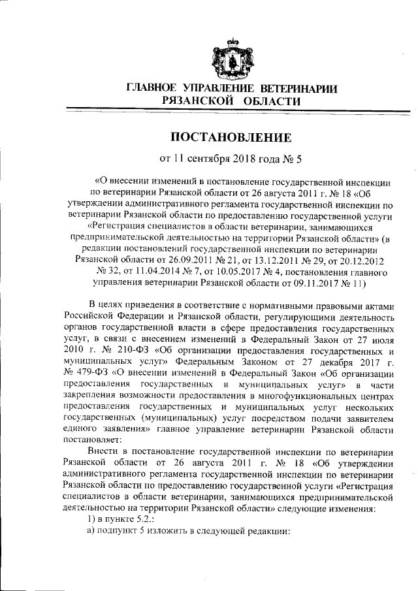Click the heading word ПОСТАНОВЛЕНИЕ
click(x=231, y=137)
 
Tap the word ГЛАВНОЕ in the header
click(x=153, y=88)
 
